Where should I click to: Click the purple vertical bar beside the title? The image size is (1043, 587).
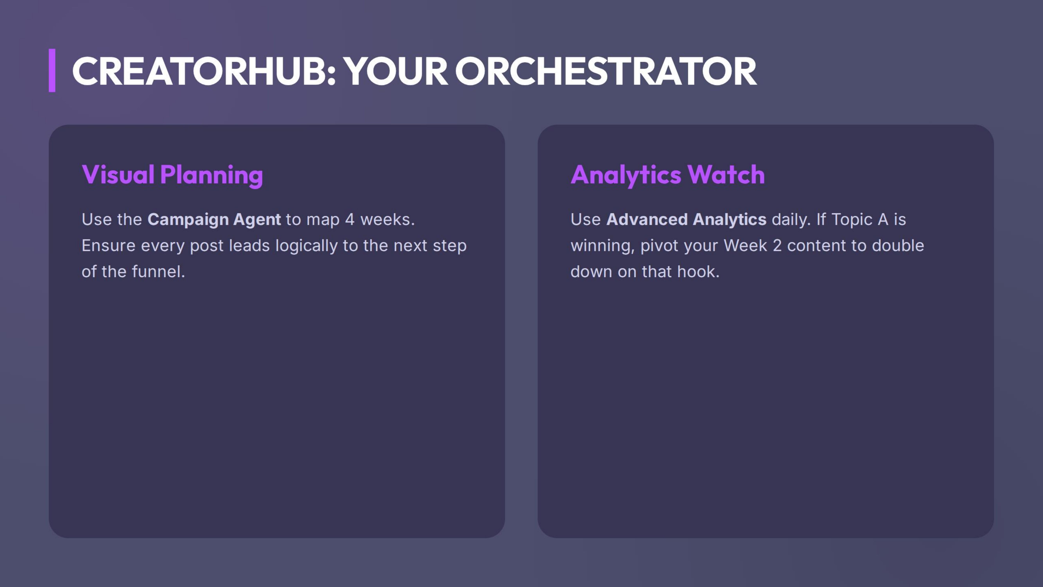(52, 70)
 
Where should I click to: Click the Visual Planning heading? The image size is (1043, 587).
(172, 175)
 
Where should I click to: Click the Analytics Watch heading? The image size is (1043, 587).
(667, 175)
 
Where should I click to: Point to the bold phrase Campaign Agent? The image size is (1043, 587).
(214, 220)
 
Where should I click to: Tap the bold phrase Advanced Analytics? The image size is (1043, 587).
(686, 220)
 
